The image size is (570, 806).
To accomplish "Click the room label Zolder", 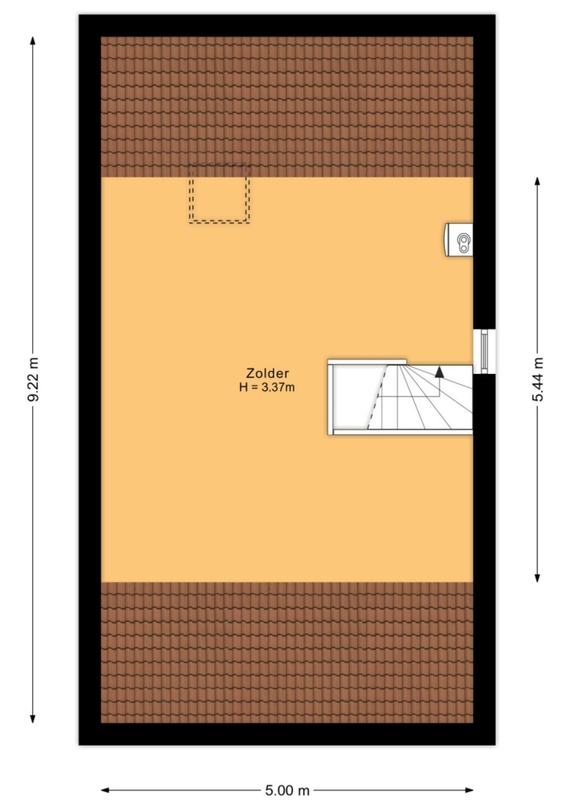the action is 267,374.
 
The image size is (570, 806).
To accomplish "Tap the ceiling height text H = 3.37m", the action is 266,387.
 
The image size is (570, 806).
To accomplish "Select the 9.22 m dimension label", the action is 33,380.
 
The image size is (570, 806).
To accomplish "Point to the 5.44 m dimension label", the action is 538,380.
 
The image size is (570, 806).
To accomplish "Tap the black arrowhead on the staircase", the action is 439,372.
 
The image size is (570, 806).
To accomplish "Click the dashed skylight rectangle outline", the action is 219,194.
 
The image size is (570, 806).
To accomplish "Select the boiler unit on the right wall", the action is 459,240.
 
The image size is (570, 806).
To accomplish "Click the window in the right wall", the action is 484,351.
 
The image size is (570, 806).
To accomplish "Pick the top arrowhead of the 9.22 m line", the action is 33,41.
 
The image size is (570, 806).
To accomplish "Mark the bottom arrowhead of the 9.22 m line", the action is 33,718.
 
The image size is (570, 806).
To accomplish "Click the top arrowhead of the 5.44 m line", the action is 538,182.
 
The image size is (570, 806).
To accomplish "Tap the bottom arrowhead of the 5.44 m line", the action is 538,577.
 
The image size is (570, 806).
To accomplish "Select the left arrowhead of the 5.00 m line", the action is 106,790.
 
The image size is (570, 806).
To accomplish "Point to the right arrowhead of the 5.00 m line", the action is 468,790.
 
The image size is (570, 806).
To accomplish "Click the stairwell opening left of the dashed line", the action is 355,396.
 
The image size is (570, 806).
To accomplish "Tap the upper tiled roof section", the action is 287,107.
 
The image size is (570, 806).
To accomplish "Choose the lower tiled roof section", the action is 287,653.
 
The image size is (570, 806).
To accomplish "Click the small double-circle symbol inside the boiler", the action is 464,243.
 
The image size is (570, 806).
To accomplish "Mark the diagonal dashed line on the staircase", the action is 377,396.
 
